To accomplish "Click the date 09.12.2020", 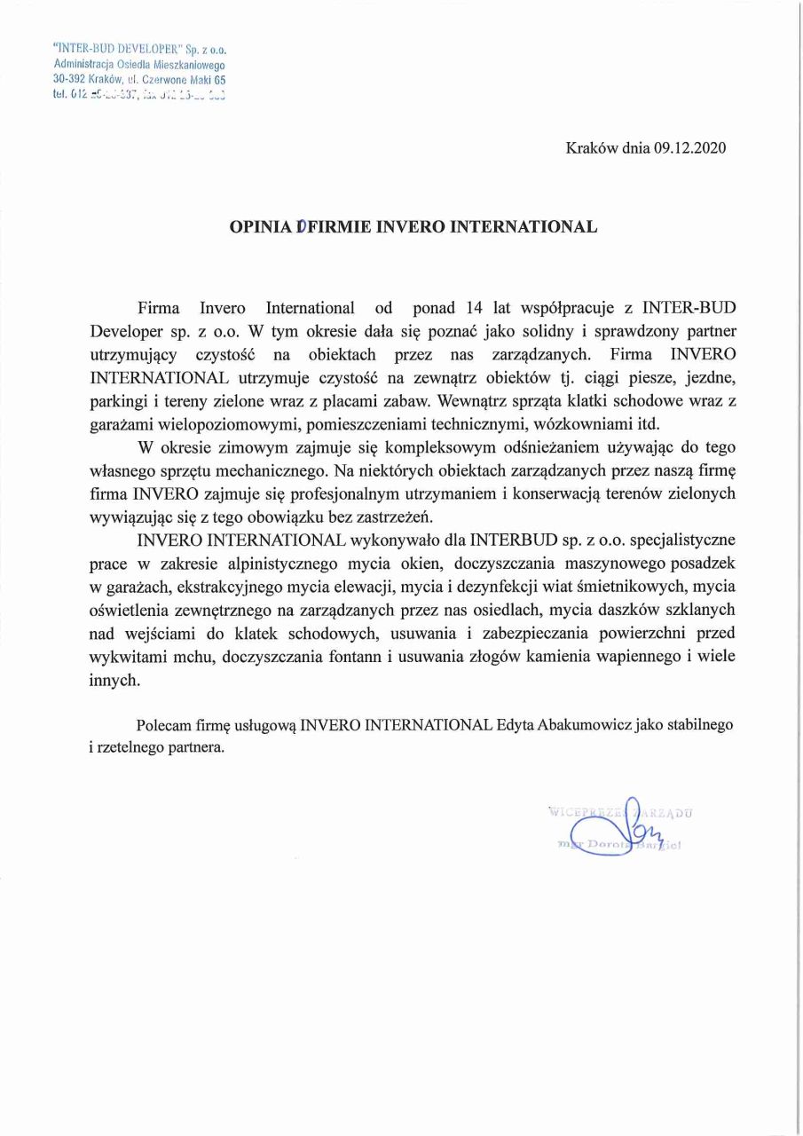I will (x=689, y=149).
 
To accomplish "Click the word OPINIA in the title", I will (x=260, y=226).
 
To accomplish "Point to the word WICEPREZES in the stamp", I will (x=586, y=811).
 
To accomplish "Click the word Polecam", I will (x=165, y=724).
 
